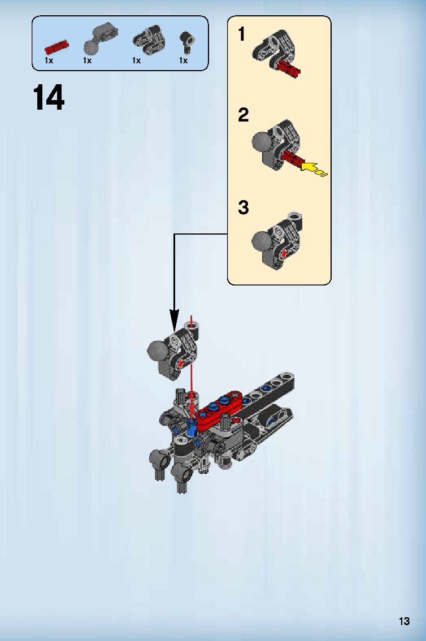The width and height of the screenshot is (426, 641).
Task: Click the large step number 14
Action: tap(49, 98)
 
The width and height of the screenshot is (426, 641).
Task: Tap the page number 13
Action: tap(403, 622)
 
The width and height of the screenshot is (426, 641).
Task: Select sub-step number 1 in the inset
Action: tap(242, 34)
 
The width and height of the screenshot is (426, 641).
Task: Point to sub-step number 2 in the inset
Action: tap(243, 115)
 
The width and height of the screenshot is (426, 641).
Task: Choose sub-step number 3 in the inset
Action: tap(243, 207)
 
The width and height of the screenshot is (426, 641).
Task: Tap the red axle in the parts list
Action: tap(57, 45)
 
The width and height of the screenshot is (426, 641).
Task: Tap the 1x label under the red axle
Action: tap(49, 60)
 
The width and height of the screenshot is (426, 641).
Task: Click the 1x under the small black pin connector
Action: tap(183, 60)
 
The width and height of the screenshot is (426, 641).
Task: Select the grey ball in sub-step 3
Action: tap(262, 240)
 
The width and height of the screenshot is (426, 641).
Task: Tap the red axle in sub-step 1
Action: tap(288, 70)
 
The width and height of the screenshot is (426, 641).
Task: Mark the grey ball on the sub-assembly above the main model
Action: tap(157, 352)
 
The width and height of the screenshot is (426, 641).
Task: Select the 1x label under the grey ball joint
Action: tap(87, 60)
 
